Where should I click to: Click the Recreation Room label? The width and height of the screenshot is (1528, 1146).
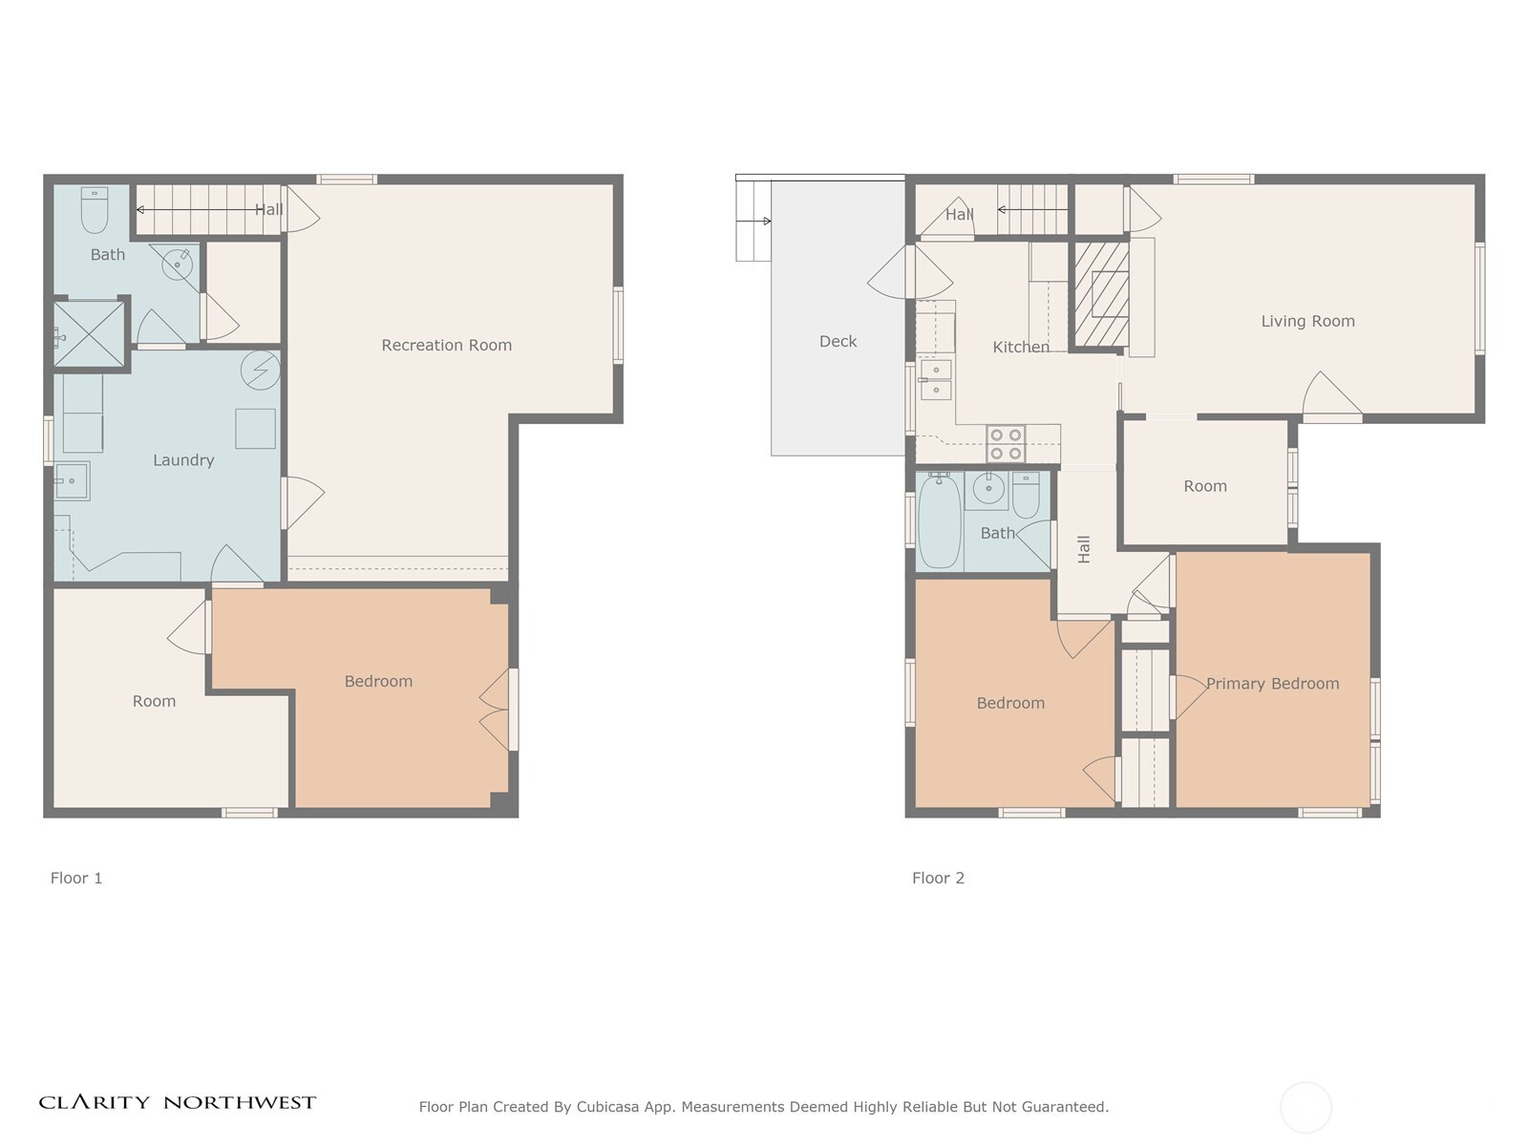click(x=446, y=345)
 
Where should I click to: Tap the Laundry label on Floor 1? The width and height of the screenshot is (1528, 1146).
click(x=183, y=460)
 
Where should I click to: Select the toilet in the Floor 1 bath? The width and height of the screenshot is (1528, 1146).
click(x=94, y=209)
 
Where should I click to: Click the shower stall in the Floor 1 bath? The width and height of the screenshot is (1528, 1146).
click(x=89, y=333)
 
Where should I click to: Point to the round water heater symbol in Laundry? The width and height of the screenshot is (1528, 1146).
click(x=261, y=371)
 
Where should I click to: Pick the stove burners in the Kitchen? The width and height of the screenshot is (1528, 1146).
click(x=1006, y=444)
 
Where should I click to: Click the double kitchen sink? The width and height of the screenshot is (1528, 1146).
click(x=936, y=379)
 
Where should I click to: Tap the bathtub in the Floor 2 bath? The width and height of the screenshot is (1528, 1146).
click(x=939, y=521)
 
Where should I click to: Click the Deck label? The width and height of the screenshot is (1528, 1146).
click(x=838, y=341)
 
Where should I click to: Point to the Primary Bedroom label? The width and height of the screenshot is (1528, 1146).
click(x=1272, y=683)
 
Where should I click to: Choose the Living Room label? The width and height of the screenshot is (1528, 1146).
click(x=1307, y=321)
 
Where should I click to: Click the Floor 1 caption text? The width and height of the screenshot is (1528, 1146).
click(x=75, y=878)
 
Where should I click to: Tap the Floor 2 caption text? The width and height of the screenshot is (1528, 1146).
click(x=938, y=878)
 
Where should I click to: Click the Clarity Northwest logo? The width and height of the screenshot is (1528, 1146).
click(x=177, y=1103)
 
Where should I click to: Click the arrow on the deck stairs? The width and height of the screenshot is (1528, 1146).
click(x=753, y=222)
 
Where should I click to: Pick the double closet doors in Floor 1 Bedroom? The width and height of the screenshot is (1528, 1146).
click(x=496, y=710)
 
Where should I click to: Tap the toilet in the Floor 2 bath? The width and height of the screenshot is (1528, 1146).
click(x=1026, y=495)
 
